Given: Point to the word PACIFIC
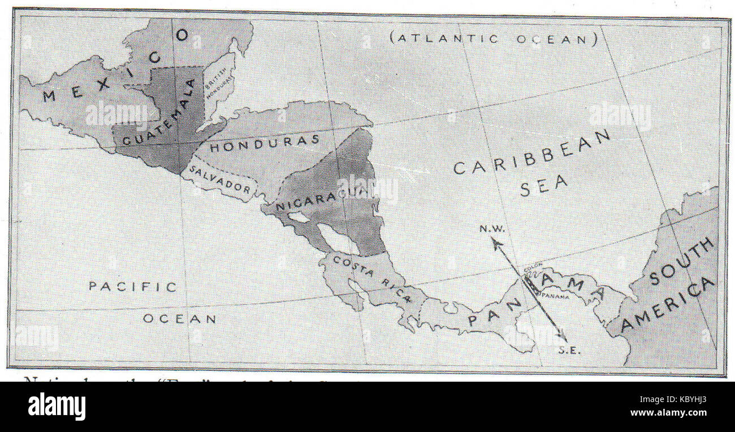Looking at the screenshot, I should (132, 287).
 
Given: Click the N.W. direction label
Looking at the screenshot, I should (492, 228).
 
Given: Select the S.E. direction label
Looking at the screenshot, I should (569, 350).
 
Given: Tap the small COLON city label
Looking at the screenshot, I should (530, 269).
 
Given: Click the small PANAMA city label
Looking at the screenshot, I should (555, 295).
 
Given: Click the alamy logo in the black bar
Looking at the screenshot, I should (57, 406).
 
